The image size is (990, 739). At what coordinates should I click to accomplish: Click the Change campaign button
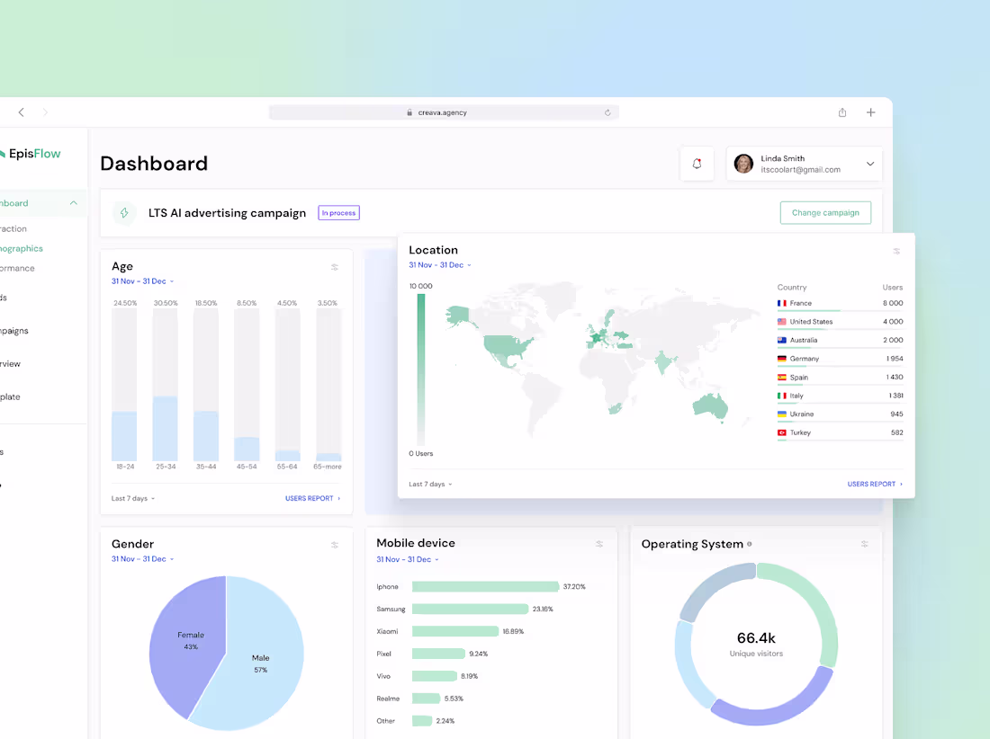[x=825, y=213]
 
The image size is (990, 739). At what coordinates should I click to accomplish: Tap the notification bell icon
[x=697, y=164]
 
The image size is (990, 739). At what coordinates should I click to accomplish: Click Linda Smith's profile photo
[x=743, y=164]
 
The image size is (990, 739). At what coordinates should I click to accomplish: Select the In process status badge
[x=338, y=213]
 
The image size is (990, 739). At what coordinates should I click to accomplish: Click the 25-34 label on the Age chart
[x=165, y=467]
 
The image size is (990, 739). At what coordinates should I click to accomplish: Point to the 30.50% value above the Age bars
[x=166, y=303]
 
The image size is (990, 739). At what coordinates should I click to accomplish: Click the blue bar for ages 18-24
[x=124, y=437]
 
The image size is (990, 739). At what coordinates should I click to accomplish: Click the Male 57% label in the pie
[x=260, y=663]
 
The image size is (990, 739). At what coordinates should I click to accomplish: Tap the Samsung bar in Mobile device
[x=470, y=609]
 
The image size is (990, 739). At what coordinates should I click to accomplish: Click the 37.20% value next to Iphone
[x=574, y=586]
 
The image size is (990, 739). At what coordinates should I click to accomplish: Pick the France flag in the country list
[x=782, y=303]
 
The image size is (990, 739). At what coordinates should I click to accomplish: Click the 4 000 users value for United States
[x=892, y=322]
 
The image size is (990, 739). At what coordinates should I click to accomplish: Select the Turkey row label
[x=800, y=432]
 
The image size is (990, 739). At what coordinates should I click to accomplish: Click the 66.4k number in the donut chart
[x=756, y=637]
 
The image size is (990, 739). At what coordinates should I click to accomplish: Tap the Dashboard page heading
[x=154, y=164]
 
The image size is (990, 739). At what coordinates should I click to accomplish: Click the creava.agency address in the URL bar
[x=443, y=112]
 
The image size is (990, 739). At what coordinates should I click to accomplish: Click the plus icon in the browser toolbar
[x=870, y=112]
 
